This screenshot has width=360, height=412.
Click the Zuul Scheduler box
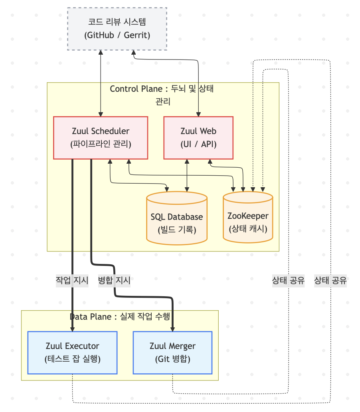tap(101, 138)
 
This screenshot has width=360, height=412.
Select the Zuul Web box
tap(198, 138)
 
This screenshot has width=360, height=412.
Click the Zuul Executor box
tap(72, 353)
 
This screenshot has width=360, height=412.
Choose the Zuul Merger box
tap(172, 353)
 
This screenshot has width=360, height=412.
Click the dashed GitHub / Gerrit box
tap(117, 29)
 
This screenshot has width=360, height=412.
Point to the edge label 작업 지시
tap(72, 281)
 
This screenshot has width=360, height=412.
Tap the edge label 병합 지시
tap(114, 281)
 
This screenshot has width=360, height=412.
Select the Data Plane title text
tap(120, 317)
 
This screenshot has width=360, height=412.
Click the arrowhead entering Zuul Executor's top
tap(72, 329)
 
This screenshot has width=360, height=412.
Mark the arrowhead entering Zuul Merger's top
tap(172, 329)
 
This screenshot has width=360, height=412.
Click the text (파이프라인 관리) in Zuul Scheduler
tap(101, 144)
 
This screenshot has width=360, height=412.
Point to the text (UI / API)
tap(198, 144)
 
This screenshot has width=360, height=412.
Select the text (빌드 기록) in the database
tap(177, 230)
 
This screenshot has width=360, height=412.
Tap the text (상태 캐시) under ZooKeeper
tap(248, 229)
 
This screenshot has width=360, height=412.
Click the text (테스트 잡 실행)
tap(72, 359)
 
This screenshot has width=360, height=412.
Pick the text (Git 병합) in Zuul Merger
tap(172, 359)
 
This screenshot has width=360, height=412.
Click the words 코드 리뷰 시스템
tap(117, 22)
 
